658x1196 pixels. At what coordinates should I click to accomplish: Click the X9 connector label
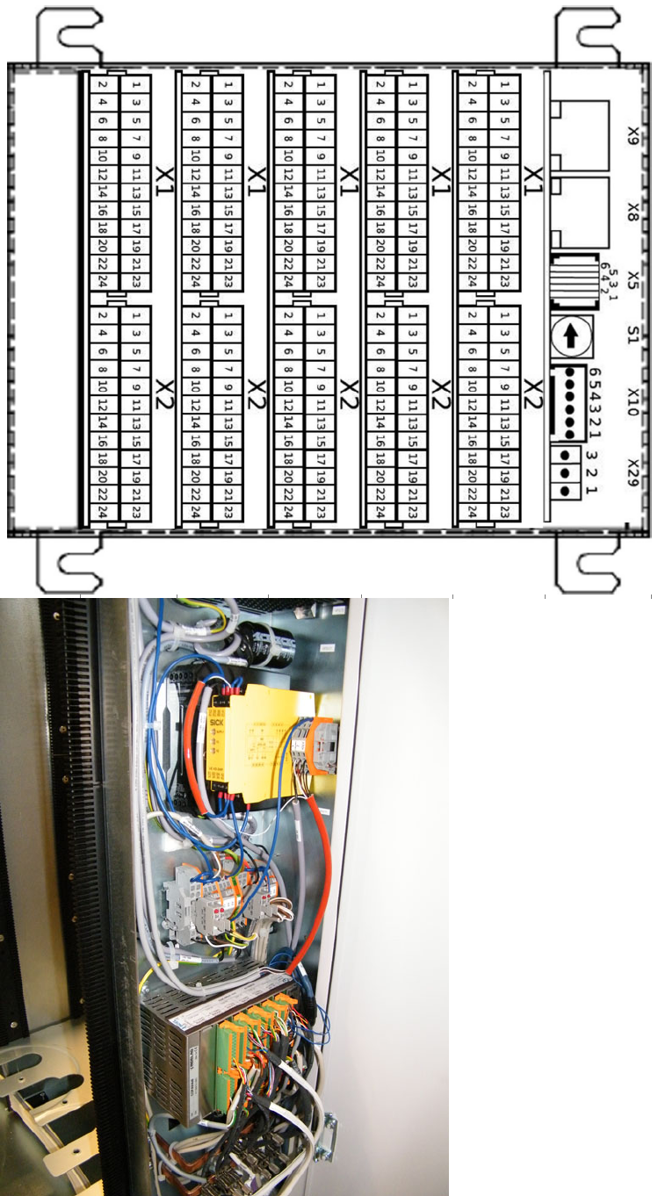(633, 136)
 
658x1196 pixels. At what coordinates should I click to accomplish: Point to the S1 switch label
(633, 335)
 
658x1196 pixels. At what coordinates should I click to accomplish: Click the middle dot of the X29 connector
(566, 472)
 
